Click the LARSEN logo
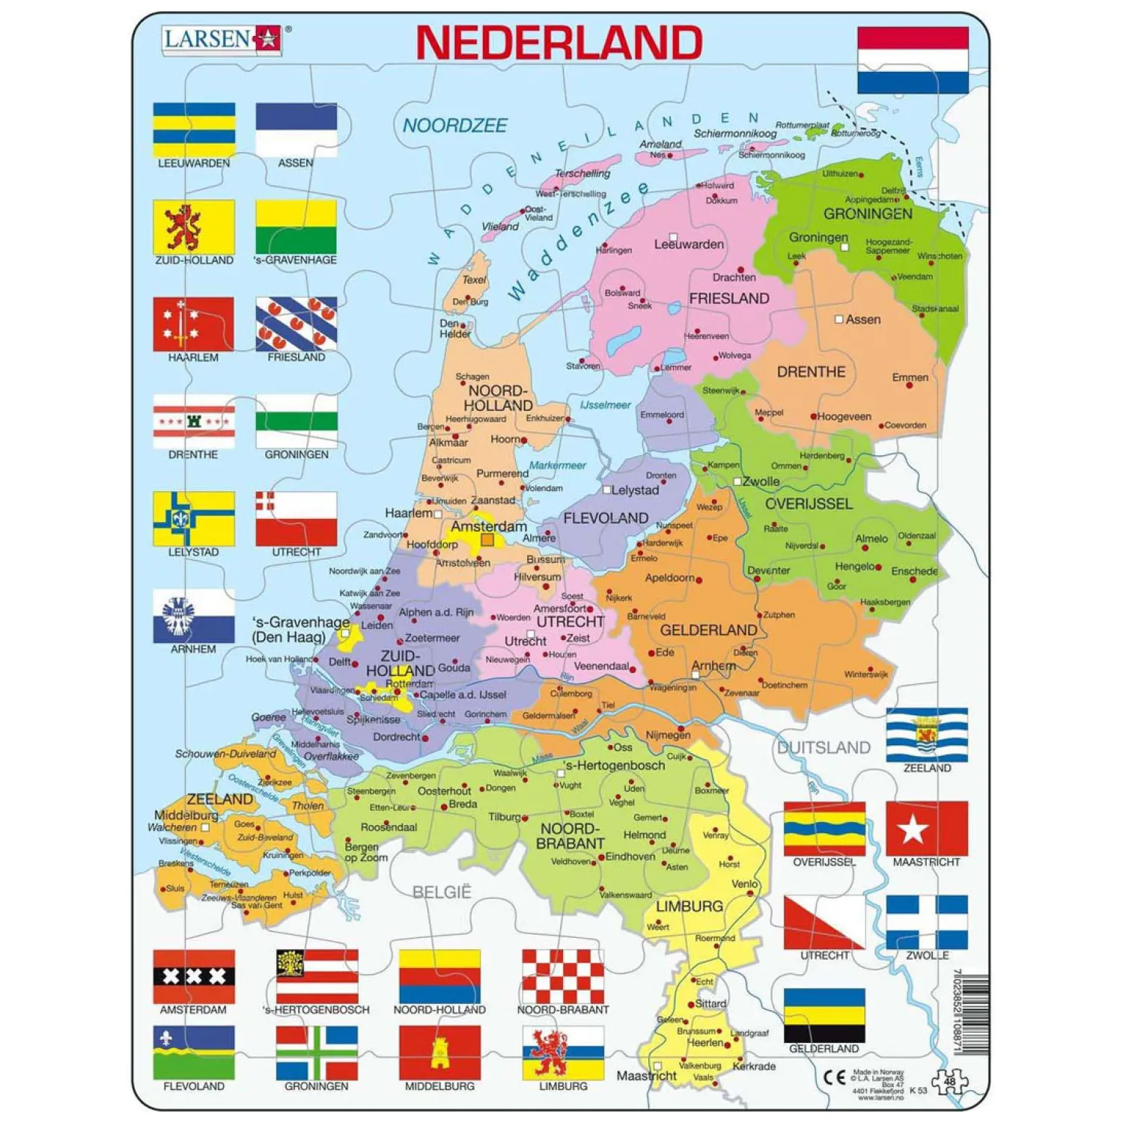[222, 38]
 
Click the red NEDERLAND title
[559, 43]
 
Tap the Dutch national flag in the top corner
[913, 61]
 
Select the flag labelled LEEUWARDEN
[194, 130]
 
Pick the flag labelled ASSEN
[296, 130]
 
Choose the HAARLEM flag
[194, 323]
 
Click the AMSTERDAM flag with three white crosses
[194, 976]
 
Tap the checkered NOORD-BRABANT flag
[563, 976]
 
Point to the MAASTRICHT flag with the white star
[926, 828]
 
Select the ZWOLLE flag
[926, 922]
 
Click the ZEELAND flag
[926, 734]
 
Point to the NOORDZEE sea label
[455, 126]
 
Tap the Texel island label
[474, 280]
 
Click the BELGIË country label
[442, 892]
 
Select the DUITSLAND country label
[824, 747]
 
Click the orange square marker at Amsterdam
[487, 540]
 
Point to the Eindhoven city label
[630, 856]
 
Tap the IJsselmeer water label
[606, 405]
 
